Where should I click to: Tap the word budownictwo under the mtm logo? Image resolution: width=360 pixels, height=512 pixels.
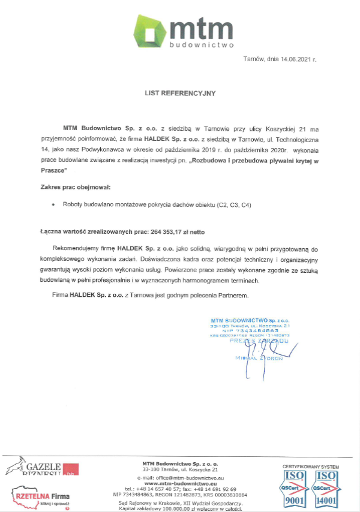202,44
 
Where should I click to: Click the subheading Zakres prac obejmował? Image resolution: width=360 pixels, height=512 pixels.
72,189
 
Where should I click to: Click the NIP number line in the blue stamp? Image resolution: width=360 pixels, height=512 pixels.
250,330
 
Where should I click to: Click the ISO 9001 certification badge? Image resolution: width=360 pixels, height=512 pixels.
295,488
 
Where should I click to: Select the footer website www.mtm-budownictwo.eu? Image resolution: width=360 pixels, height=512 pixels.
180,483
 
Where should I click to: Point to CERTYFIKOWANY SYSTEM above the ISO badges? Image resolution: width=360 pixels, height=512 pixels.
310,465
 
